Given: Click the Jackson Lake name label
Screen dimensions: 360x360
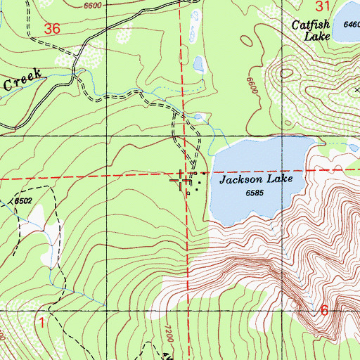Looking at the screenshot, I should click(254, 180).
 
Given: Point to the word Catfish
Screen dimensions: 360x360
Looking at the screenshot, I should click(310, 25).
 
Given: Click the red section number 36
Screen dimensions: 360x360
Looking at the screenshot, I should click(51, 30).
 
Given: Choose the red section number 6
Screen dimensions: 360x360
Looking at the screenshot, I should click(323, 310).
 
